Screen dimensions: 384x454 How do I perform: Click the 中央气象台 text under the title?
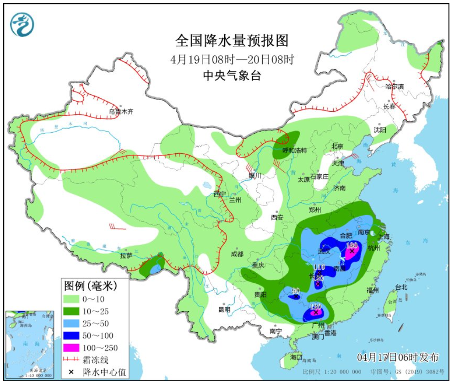(x=232, y=76)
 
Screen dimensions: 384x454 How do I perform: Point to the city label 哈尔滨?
(x=395, y=86)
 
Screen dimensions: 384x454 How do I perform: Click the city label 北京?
(x=337, y=146)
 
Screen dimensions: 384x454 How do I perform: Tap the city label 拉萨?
(x=126, y=255)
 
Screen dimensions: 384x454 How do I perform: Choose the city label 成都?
(x=238, y=254)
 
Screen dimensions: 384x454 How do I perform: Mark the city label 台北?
(x=401, y=287)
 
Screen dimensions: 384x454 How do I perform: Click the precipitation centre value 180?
(x=351, y=245)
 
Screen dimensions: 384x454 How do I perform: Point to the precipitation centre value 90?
(x=295, y=291)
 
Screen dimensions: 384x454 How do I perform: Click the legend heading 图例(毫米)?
(x=90, y=286)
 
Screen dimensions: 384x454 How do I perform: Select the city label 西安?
(x=277, y=217)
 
